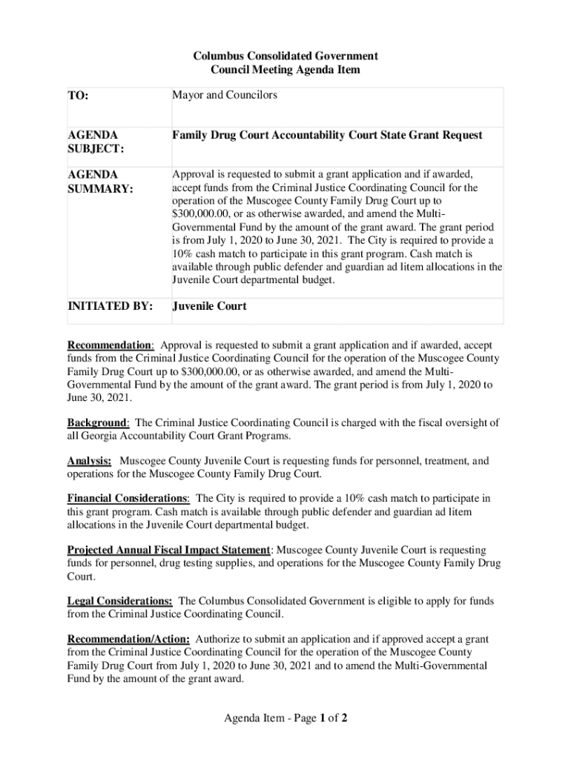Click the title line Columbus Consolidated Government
tap(285, 56)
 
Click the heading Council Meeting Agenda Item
tap(285, 70)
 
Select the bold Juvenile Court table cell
tap(210, 306)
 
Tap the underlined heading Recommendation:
tap(111, 345)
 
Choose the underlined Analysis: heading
tap(90, 461)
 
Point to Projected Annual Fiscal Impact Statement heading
tap(169, 550)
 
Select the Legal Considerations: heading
tap(120, 601)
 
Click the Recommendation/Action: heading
tap(128, 639)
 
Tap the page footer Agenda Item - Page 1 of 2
tap(285, 717)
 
